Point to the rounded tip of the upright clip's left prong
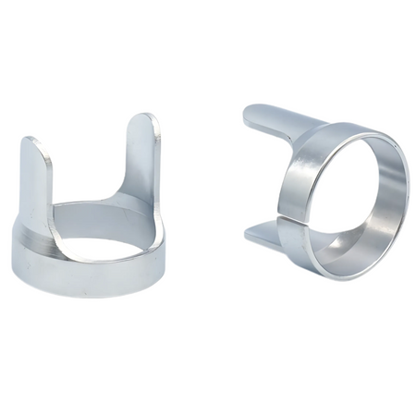[x=31, y=144]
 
